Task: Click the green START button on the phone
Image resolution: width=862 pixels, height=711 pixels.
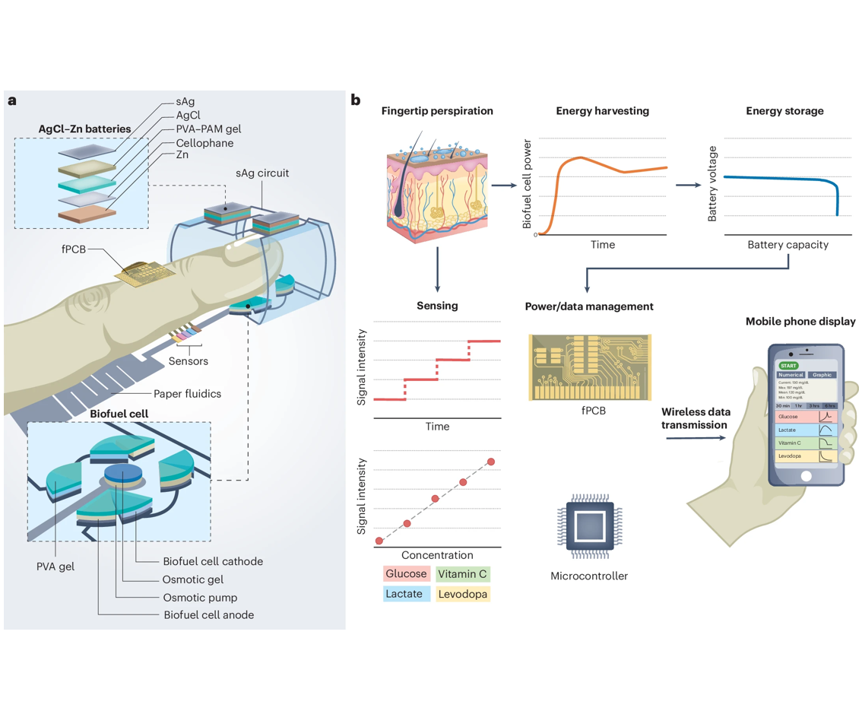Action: tap(788, 366)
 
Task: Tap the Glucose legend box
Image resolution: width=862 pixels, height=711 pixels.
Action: tap(405, 574)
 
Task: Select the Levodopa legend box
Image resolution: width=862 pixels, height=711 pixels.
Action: tap(463, 593)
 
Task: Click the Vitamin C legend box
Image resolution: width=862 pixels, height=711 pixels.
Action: tap(463, 574)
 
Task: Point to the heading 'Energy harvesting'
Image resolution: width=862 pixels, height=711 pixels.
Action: tap(602, 111)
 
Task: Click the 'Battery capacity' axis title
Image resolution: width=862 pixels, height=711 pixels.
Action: tap(788, 245)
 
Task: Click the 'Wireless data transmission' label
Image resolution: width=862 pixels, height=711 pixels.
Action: tap(696, 418)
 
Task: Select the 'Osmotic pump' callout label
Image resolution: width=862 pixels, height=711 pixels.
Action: tap(200, 597)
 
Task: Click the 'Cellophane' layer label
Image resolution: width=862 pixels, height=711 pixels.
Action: tap(204, 143)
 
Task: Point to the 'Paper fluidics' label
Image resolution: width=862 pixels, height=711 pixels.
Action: tap(187, 393)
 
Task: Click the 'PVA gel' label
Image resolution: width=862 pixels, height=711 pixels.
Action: tap(55, 567)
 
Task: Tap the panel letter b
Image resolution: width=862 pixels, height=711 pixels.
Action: tap(355, 100)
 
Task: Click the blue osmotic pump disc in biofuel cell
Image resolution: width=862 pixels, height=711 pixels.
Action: tap(122, 475)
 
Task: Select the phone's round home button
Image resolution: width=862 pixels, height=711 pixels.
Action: tap(806, 476)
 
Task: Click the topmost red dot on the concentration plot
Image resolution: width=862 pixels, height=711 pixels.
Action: tap(491, 462)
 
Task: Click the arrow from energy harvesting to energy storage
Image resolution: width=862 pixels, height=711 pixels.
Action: tap(689, 185)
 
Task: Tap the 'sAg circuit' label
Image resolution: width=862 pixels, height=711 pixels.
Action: tap(263, 173)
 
